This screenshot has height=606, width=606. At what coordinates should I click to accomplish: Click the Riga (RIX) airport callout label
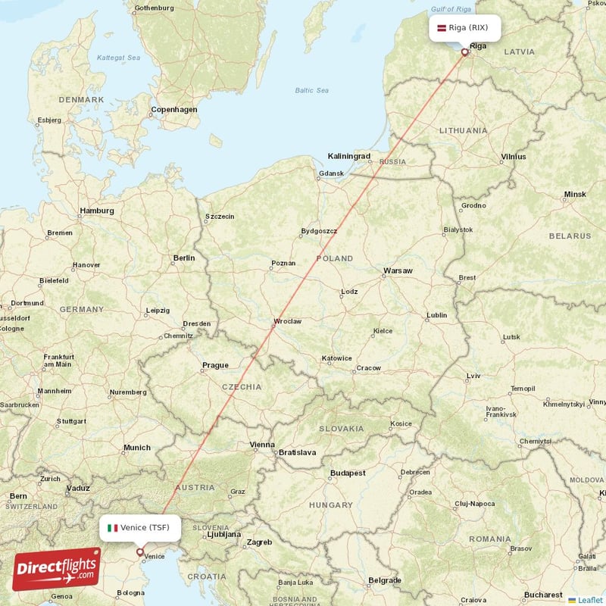(x=466, y=28)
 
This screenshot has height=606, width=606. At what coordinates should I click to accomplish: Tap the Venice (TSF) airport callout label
(x=140, y=527)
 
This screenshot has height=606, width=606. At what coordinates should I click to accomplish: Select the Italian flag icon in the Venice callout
(x=112, y=527)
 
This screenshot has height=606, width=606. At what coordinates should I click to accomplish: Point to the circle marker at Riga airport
(x=465, y=52)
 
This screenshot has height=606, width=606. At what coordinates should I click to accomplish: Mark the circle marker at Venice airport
(x=139, y=551)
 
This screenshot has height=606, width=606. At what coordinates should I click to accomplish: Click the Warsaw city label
(x=398, y=270)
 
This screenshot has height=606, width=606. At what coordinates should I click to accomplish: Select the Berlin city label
(x=184, y=258)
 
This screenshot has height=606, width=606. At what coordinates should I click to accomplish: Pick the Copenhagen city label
(x=173, y=109)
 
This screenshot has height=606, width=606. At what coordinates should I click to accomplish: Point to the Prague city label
(x=215, y=365)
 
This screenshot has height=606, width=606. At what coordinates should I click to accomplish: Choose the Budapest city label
(x=348, y=473)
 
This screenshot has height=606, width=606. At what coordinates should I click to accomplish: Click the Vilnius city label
(x=514, y=158)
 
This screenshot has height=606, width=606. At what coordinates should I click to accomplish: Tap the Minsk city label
(x=575, y=195)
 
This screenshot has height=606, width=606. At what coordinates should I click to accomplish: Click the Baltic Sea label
(x=312, y=91)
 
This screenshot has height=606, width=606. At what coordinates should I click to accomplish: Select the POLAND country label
(x=335, y=258)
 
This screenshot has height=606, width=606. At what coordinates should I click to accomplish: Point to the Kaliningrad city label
(x=349, y=156)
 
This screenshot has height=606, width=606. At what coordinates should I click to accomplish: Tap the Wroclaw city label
(x=288, y=321)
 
